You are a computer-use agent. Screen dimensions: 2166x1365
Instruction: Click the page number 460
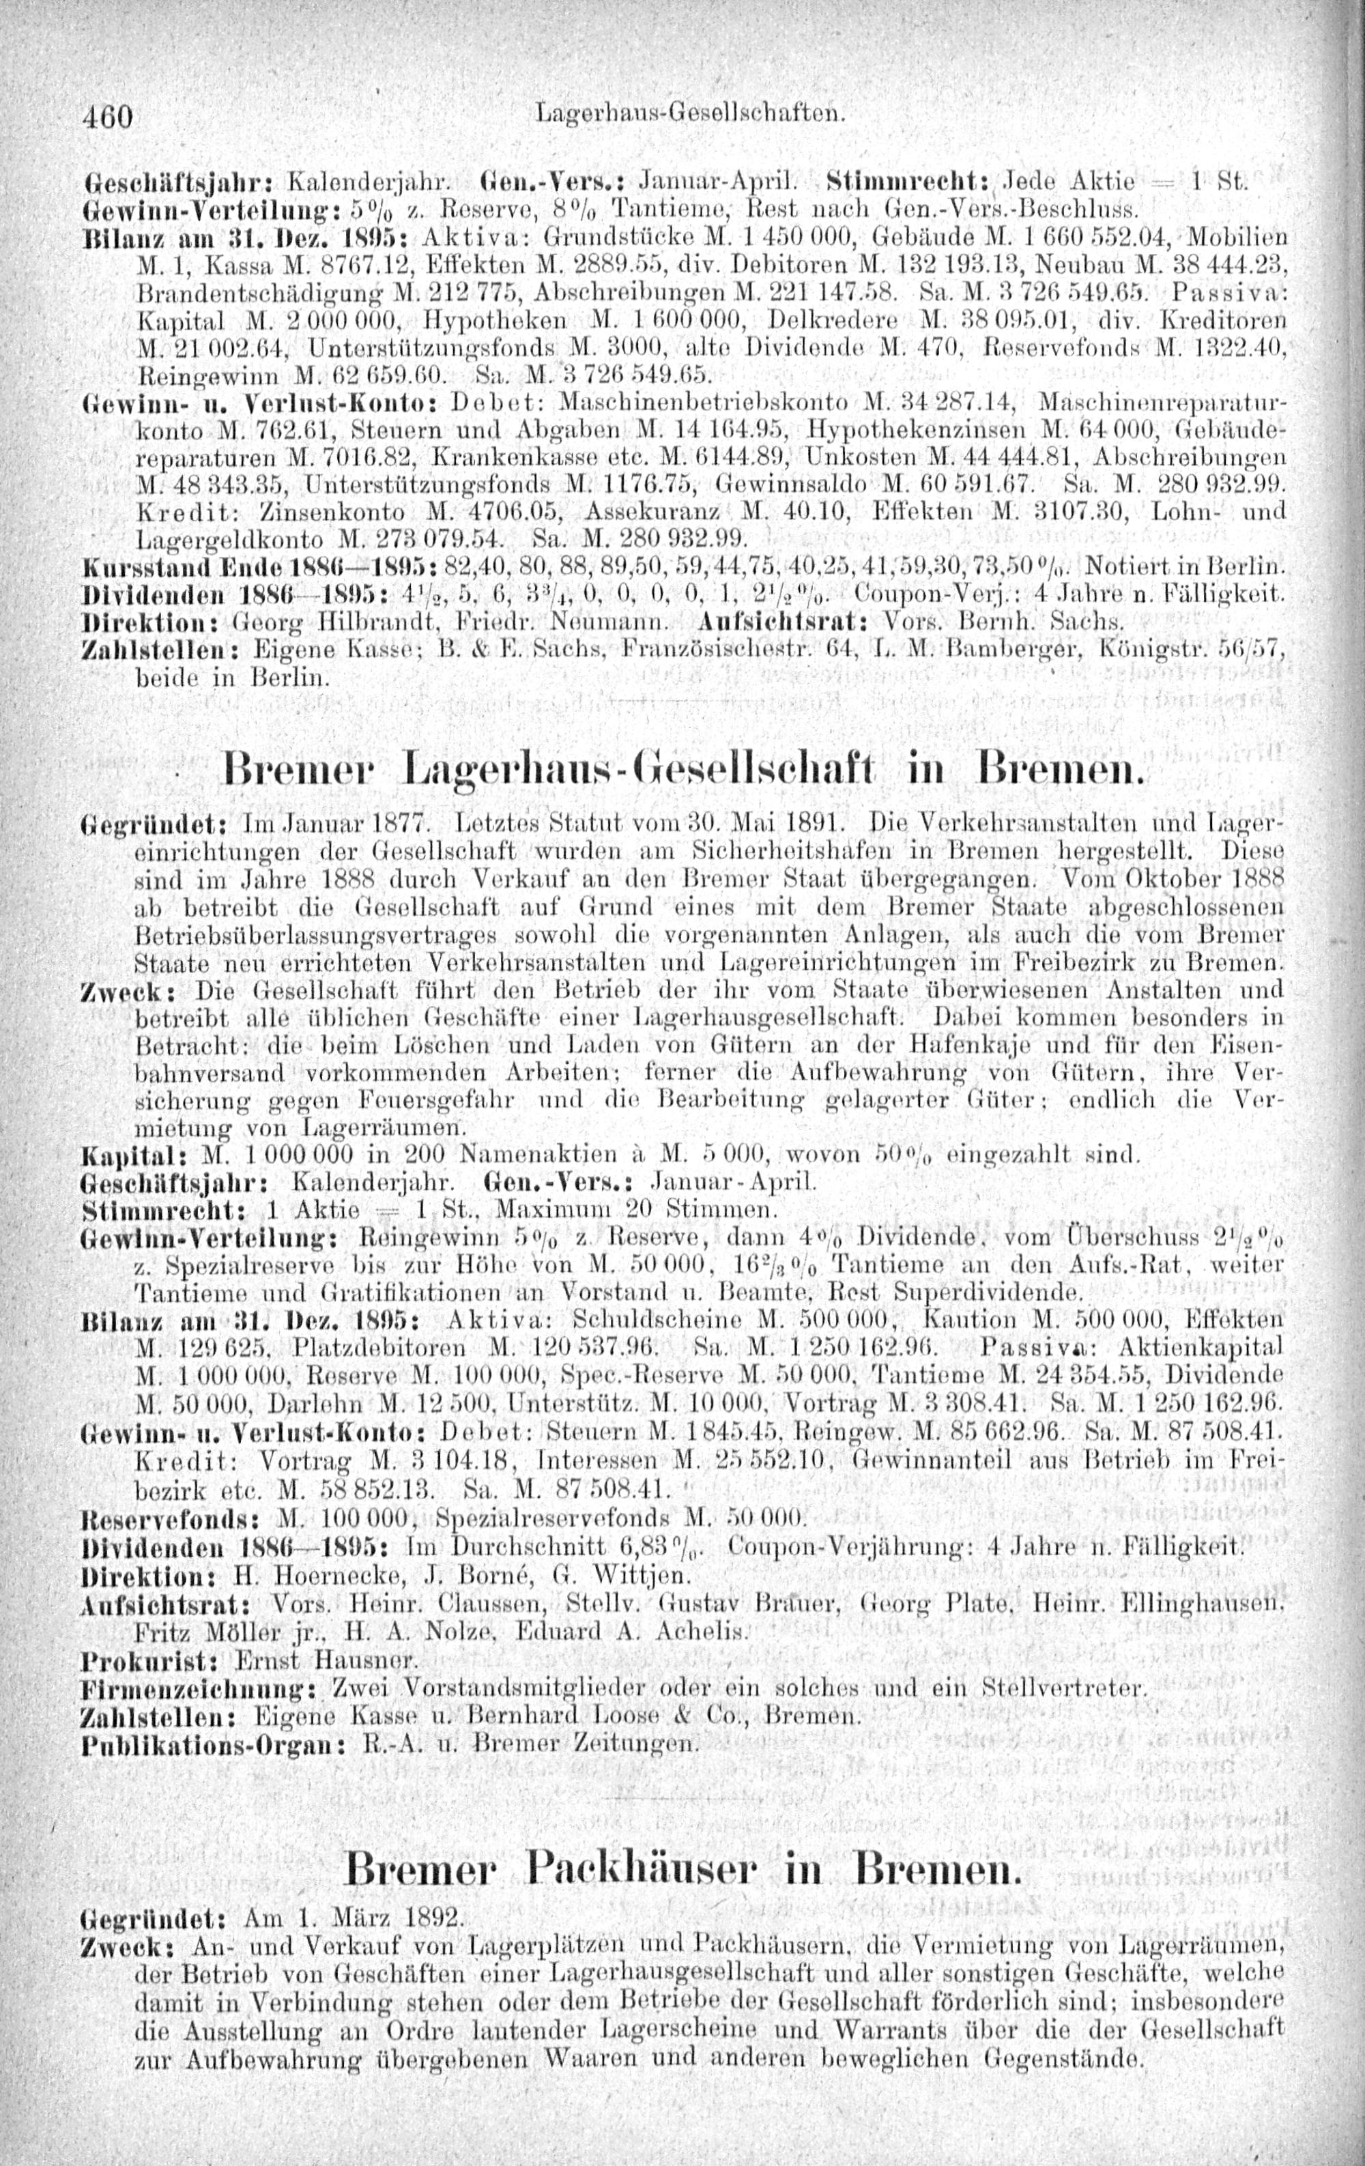(x=107, y=116)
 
